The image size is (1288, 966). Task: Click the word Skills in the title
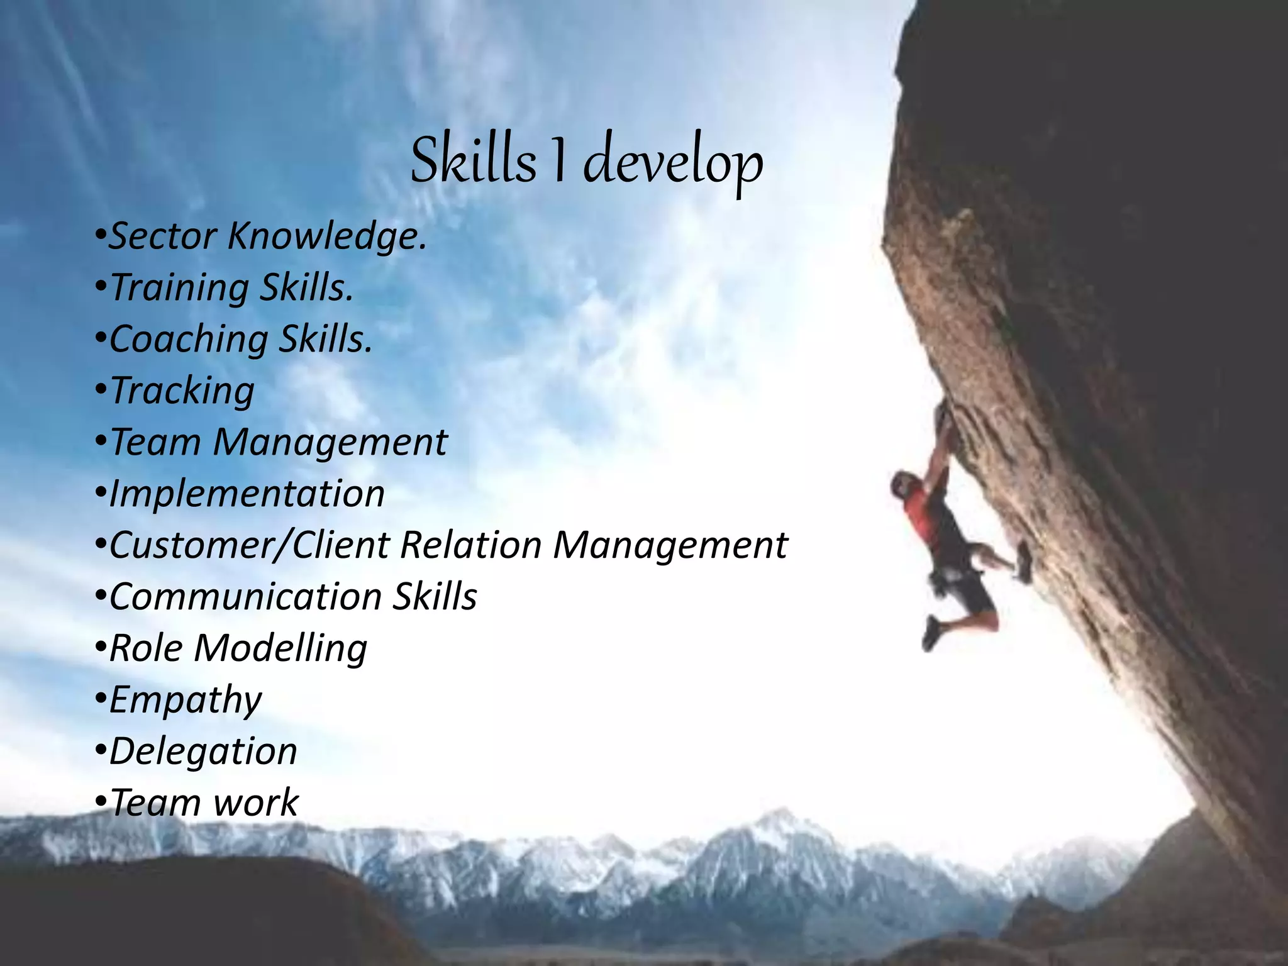(473, 160)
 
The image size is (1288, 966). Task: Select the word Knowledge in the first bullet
(327, 236)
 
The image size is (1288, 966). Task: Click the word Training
(179, 288)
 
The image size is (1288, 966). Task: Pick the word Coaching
(189, 340)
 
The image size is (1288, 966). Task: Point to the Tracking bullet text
(182, 391)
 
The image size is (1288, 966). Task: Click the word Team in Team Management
(155, 442)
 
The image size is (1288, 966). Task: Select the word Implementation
(247, 494)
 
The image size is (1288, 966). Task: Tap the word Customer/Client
(249, 545)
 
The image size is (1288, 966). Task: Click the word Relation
(470, 545)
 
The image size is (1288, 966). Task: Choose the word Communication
(245, 597)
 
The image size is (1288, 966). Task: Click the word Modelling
(280, 648)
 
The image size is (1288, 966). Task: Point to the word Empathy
(186, 700)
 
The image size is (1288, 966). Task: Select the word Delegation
(203, 752)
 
